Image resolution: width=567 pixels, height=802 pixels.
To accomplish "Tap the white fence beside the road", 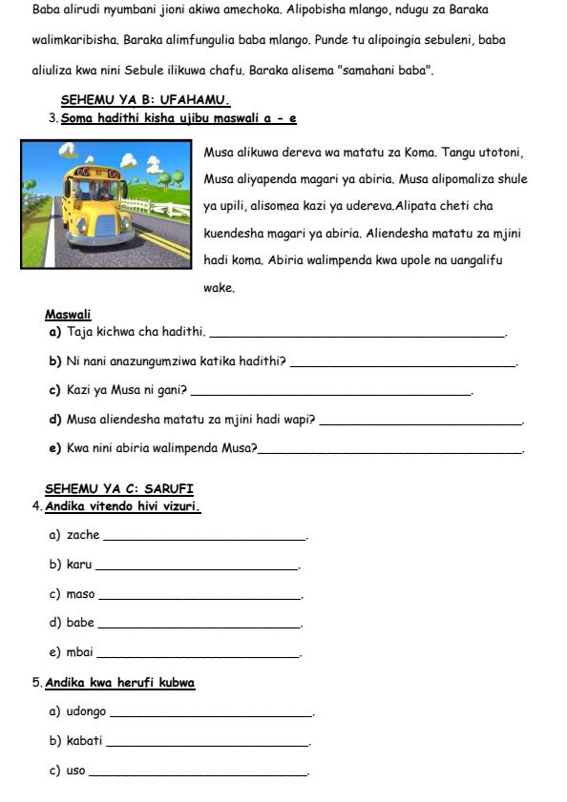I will (x=153, y=207).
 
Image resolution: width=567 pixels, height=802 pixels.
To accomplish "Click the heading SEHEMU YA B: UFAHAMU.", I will (x=146, y=99).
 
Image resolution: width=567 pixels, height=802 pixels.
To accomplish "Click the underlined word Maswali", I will (x=68, y=315).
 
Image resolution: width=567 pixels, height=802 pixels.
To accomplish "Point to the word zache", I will (x=83, y=536).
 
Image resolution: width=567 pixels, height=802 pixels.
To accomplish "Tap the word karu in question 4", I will (x=79, y=565).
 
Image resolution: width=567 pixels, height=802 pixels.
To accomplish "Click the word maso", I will (x=80, y=594).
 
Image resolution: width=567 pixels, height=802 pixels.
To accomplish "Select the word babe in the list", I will (x=80, y=623).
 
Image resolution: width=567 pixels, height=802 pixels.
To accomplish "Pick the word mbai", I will (x=80, y=652).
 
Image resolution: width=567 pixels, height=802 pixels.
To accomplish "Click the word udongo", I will (x=87, y=711).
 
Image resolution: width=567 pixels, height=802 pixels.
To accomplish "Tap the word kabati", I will (x=84, y=740).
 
